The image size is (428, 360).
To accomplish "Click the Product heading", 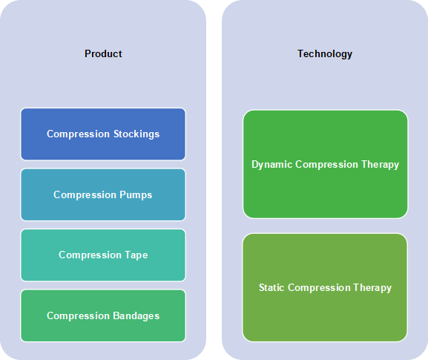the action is pos(103,53).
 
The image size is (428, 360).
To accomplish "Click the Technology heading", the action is pos(325,53).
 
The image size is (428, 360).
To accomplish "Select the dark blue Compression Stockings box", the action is pos(103,134).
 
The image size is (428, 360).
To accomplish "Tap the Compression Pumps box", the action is pos(103,194).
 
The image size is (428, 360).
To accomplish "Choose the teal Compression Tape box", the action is pos(103,255).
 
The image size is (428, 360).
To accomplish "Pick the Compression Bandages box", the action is pos(103,315).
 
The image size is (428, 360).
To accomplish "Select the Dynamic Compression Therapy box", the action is pos(326,164).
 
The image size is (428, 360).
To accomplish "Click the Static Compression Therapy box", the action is pos(325,287).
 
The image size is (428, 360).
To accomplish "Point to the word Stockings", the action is pos(136,134).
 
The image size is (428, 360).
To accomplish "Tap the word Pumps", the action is pos(136,195).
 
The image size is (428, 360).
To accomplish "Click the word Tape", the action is pos(136,255).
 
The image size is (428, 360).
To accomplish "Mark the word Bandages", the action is pos(136,316).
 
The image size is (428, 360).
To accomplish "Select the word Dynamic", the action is pos(272,165).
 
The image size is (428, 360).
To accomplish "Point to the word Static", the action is pos(271,287).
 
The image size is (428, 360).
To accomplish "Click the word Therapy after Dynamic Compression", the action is pos(381,165).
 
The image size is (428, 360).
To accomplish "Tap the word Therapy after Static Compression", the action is pos(372,288).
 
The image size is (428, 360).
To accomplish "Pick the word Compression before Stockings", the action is pos(78,134).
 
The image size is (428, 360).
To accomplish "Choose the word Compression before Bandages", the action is pos(78,316).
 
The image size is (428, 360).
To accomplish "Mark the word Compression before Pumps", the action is pos(85,195).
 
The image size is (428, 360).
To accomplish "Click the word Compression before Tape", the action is pos(90,255).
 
